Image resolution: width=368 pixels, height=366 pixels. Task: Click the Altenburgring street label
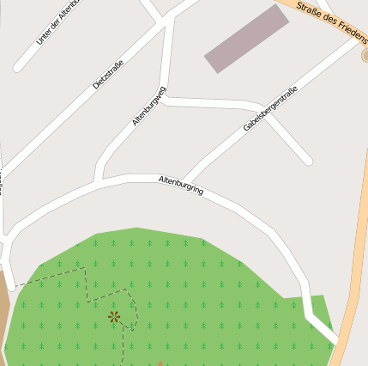pos(181,185)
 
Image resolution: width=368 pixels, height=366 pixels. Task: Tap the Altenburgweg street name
pos(149,107)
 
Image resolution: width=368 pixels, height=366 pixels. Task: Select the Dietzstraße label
pos(108,73)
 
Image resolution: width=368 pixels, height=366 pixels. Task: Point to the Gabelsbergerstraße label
pos(270,108)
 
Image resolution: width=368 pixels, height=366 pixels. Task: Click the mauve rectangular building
pos(246,39)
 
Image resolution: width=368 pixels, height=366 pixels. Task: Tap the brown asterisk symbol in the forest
pos(114,317)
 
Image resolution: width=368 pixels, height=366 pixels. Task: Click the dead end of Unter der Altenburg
pos(18,67)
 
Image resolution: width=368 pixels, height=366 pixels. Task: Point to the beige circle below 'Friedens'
pos(365,55)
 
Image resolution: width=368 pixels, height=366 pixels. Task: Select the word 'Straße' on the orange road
pos(310,9)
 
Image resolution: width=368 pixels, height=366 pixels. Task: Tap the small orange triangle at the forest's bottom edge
pos(160,363)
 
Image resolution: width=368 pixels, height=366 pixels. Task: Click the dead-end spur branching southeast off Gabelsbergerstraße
pos(306,159)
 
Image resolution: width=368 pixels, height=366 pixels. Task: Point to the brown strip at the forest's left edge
pos(3,309)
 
